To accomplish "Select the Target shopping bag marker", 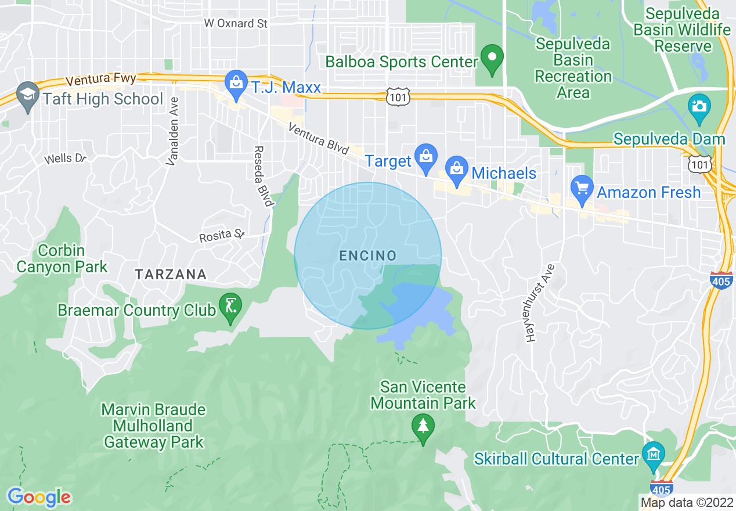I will tap(426, 157).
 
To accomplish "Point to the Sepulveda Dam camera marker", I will tap(699, 107).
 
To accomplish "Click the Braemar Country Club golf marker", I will tap(230, 305).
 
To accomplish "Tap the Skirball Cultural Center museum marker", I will tap(654, 454).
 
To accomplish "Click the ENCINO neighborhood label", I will tap(368, 256).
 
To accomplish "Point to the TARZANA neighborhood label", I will tap(170, 274).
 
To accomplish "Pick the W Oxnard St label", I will tap(236, 24).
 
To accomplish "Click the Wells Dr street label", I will tap(65, 158).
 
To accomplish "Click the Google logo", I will tap(39, 497).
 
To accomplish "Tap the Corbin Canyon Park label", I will tap(62, 259).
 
